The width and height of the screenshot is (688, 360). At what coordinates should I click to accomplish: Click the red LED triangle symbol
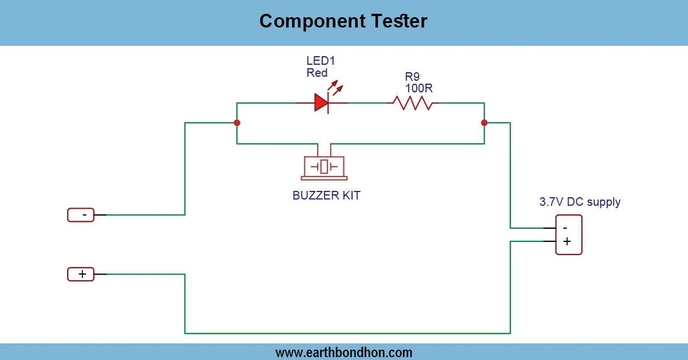pyautogui.click(x=321, y=103)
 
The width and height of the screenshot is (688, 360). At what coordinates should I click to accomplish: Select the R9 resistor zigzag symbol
pyautogui.click(x=413, y=103)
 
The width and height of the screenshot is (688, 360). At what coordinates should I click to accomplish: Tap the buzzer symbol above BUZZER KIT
pyautogui.click(x=324, y=166)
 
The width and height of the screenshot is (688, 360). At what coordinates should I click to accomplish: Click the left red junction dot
pyautogui.click(x=237, y=123)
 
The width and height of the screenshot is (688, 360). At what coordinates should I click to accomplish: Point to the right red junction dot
pyautogui.click(x=484, y=123)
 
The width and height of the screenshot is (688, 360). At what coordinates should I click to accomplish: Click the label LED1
pyautogui.click(x=321, y=61)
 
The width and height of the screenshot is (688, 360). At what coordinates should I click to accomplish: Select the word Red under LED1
pyautogui.click(x=317, y=73)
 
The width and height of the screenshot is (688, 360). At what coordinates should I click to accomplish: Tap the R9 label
pyautogui.click(x=413, y=76)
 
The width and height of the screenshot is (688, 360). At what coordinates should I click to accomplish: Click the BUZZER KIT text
pyautogui.click(x=326, y=195)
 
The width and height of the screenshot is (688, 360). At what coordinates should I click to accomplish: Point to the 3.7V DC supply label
pyautogui.click(x=580, y=202)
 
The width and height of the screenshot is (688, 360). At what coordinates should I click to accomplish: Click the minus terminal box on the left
pyautogui.click(x=81, y=215)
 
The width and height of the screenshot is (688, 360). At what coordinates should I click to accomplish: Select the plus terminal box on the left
pyautogui.click(x=81, y=274)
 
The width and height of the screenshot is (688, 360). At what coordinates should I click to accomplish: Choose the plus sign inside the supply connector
pyautogui.click(x=567, y=241)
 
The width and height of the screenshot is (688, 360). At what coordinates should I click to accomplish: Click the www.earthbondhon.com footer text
pyautogui.click(x=343, y=352)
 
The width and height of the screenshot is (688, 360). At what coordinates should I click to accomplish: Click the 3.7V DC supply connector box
pyautogui.click(x=569, y=234)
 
